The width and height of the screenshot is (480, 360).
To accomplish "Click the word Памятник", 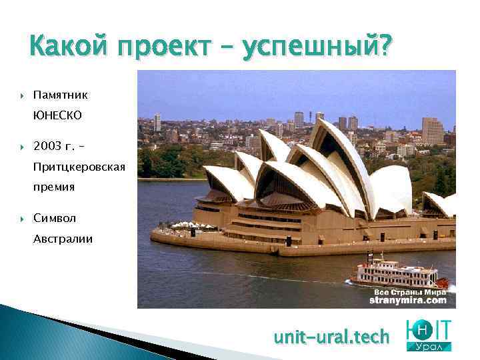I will coord(61,95).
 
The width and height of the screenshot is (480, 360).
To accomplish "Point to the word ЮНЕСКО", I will coord(58,115).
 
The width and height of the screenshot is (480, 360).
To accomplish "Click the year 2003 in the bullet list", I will coord(47,146).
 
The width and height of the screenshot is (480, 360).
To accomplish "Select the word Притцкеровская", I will coord(79,166).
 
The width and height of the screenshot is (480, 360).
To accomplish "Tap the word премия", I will coord(54,187).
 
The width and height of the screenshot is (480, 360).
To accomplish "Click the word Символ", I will coord(55,218).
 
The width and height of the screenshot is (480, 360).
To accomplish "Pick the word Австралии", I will coord(63,238).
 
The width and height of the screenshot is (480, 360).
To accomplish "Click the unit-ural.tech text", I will coord(331,337).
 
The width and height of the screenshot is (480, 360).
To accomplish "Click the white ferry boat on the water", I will coord(397,271).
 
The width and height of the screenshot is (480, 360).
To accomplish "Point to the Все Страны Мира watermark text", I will coord(419,292).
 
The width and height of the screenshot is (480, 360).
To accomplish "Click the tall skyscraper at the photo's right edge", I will coord(432,131).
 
